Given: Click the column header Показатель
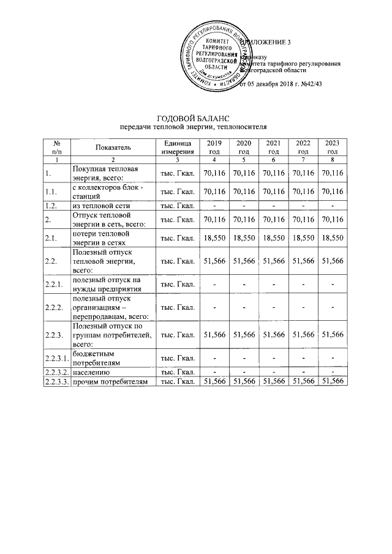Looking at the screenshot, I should pos(113,148).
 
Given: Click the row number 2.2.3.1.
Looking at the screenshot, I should pos(56,357).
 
